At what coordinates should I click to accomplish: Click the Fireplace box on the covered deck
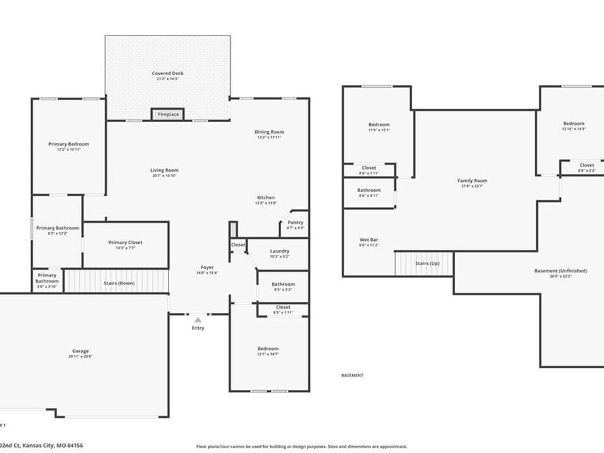(x=168, y=115)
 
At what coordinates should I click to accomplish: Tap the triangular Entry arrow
(x=198, y=321)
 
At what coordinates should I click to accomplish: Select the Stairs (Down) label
(x=119, y=283)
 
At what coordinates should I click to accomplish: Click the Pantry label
(x=295, y=223)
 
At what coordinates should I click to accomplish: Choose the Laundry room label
(x=280, y=251)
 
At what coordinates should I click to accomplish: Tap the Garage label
(x=81, y=351)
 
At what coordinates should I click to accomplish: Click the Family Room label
(x=472, y=181)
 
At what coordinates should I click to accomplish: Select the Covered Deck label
(x=167, y=73)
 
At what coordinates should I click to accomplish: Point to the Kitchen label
(x=266, y=198)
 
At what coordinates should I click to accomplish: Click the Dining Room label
(x=269, y=132)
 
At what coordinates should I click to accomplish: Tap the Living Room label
(x=164, y=170)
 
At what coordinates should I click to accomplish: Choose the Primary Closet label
(x=125, y=242)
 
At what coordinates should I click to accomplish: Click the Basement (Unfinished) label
(x=560, y=271)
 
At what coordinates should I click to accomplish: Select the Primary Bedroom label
(x=68, y=144)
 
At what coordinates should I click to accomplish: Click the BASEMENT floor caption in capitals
(x=352, y=375)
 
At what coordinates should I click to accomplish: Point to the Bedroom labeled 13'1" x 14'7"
(x=268, y=349)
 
